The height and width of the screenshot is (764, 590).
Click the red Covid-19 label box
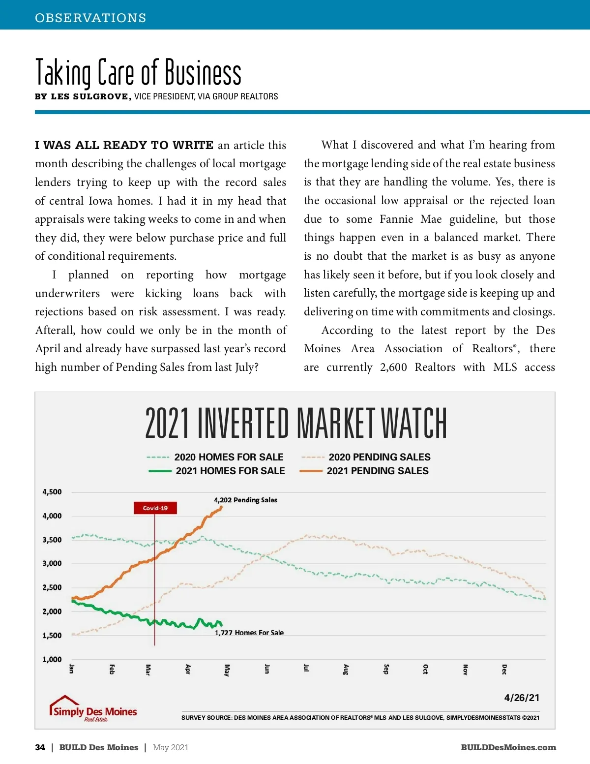[155, 508]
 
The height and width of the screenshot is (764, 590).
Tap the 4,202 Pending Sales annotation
[245, 500]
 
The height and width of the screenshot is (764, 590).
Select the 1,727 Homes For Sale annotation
[249, 633]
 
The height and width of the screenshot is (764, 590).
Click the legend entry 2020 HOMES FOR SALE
[229, 457]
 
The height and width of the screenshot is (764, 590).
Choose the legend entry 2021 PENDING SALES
[377, 471]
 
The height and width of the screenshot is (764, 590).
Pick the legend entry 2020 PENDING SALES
[379, 457]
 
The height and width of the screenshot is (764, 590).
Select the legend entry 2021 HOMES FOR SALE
[230, 471]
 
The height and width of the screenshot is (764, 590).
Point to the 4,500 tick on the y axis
[52, 492]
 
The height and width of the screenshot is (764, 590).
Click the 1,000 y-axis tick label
[52, 659]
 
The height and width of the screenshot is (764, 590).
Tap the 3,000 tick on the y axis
[52, 564]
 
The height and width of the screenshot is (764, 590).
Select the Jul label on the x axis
[306, 668]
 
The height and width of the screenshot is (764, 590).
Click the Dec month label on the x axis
[504, 669]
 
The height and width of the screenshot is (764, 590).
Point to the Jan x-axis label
[72, 669]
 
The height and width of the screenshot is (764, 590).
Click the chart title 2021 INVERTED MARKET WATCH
[295, 423]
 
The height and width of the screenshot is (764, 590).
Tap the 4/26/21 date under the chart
[521, 698]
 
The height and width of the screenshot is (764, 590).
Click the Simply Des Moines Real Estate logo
[93, 709]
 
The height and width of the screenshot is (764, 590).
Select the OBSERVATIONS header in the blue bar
[90, 18]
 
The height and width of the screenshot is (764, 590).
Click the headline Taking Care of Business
[138, 73]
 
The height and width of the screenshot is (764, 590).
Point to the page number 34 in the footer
[40, 747]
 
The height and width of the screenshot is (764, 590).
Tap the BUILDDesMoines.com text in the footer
[508, 747]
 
